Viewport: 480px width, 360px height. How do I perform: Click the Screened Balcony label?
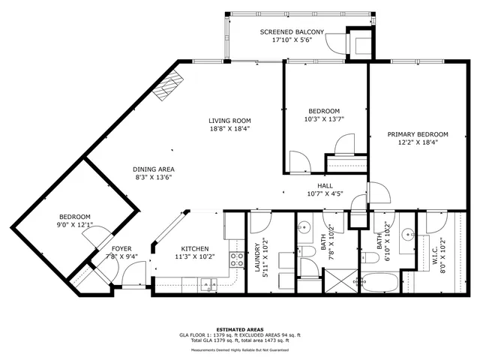coord(292,32)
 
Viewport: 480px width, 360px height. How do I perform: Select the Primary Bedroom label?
coord(412,135)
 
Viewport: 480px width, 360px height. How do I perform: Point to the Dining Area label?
coord(154,169)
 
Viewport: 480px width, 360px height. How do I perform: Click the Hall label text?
coord(325,186)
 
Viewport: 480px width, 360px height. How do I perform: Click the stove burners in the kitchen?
coord(236,260)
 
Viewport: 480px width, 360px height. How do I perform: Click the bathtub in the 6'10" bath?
coord(379,284)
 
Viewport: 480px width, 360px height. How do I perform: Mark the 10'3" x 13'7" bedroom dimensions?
coord(324,118)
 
